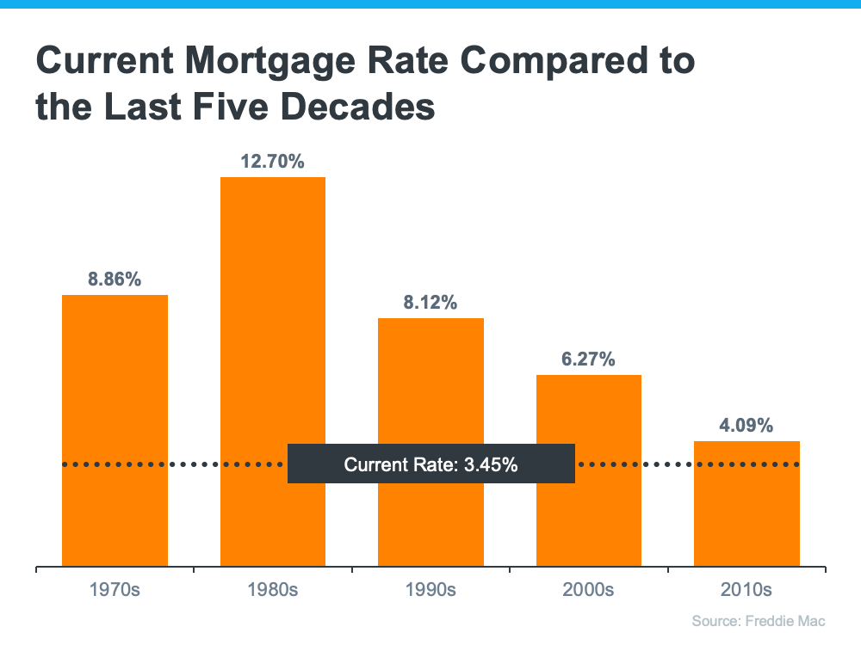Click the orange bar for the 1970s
coord(115,430)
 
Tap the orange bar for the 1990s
coord(430,387)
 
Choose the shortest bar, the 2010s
coord(746,516)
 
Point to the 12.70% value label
coord(273,161)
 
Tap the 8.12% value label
coord(430,303)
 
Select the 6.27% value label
coord(589,359)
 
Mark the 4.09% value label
coord(746,425)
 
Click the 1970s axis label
coord(115,591)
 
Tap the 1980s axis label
coord(273,591)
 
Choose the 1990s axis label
coord(430,591)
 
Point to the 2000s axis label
coord(589,591)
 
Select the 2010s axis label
coord(746,591)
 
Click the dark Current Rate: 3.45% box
coord(430,464)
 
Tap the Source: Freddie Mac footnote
coord(759,621)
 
